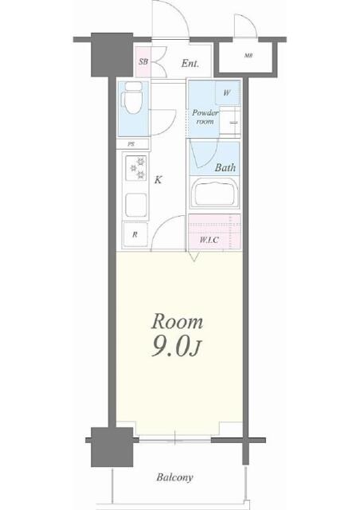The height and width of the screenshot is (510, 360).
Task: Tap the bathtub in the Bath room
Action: pos(214,193)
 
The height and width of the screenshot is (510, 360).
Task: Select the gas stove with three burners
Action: pos(136,168)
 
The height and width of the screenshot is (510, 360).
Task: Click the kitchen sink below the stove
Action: pos(136,205)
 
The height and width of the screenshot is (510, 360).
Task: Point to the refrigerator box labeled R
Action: pos(135,234)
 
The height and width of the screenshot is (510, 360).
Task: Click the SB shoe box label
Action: pos(143,61)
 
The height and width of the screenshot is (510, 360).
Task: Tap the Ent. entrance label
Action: pos(190,63)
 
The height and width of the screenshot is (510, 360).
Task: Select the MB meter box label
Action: pos(248,56)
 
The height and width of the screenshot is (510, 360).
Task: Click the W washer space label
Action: pos(227,92)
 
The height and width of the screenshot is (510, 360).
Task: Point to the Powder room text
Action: pos(205,117)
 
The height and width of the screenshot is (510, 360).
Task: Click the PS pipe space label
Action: pos(131,144)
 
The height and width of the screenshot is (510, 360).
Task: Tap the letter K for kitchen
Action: pos(158,179)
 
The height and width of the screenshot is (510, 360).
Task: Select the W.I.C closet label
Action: pos(209,241)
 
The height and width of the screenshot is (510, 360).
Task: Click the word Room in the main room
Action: pos(178,321)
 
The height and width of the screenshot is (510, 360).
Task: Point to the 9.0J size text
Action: pos(175,347)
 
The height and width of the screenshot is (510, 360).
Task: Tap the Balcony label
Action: pos(174,477)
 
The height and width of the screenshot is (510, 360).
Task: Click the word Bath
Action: pos(225,167)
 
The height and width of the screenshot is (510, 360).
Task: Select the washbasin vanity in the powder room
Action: pos(230,120)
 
